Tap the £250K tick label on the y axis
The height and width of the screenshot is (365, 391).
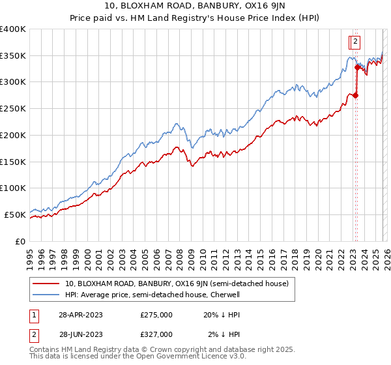click(12, 109)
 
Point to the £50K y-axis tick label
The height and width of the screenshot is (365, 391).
click(15, 214)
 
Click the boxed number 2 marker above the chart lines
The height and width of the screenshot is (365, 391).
click(355, 42)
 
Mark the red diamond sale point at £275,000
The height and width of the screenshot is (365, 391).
click(356, 96)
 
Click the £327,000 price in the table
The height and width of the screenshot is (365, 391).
click(156, 334)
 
